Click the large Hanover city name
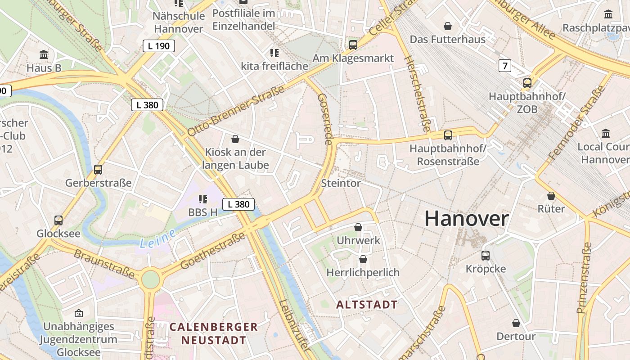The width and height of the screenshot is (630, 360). coord(467,219)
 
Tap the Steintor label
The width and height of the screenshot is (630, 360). coord(341,183)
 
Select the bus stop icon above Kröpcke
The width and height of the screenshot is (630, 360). coord(486,256)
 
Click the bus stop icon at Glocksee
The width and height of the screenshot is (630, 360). coord(58,220)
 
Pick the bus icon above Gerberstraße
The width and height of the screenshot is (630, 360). coord(98,170)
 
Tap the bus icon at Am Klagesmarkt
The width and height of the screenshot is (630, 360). coord(353,45)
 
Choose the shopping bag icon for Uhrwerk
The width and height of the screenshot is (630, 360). coord(358,227)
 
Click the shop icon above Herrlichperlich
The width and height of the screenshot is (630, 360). coord(363,259)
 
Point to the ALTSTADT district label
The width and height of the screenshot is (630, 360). coord(367,305)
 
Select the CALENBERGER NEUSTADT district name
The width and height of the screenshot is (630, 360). coord(214,333)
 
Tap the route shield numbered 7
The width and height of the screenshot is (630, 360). coord(505,66)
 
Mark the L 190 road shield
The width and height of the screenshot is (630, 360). coord(158,45)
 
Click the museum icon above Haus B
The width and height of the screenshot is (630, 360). coord(44,55)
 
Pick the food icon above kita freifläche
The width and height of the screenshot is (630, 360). coord(274,53)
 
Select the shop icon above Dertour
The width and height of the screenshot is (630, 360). coord(516,323)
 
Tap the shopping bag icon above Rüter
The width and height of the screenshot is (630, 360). coord(551,196)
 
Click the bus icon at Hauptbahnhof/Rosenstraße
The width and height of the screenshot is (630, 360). coord(448,135)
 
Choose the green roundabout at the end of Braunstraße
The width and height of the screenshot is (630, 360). coord(150,279)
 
